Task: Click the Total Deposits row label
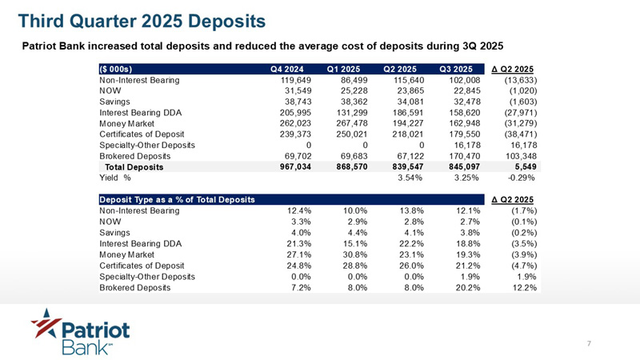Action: (135, 167)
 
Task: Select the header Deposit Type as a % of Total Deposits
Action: (177, 198)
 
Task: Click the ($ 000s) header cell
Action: (115, 68)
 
